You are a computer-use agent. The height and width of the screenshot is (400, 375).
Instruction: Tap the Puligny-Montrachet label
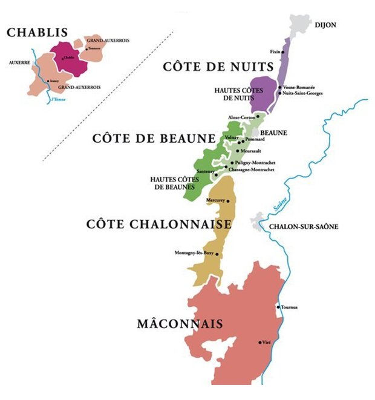click(255, 163)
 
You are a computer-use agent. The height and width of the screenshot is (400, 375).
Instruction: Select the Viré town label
click(269, 343)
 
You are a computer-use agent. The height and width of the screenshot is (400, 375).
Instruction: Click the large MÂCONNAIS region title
click(180, 324)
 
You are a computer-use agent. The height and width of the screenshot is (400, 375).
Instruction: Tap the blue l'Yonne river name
click(58, 100)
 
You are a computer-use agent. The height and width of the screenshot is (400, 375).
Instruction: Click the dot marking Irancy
click(48, 81)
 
